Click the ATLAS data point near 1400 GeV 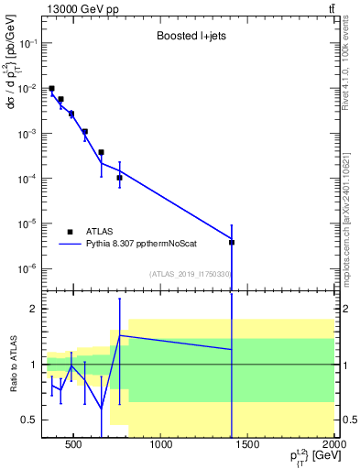(x=232, y=242)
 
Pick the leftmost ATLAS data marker (x=51, y=89)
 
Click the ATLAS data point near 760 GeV (x=120, y=178)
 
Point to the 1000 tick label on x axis (x=162, y=446)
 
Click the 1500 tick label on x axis (x=248, y=446)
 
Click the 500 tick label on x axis (x=76, y=446)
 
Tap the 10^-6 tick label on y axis (x=27, y=268)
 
